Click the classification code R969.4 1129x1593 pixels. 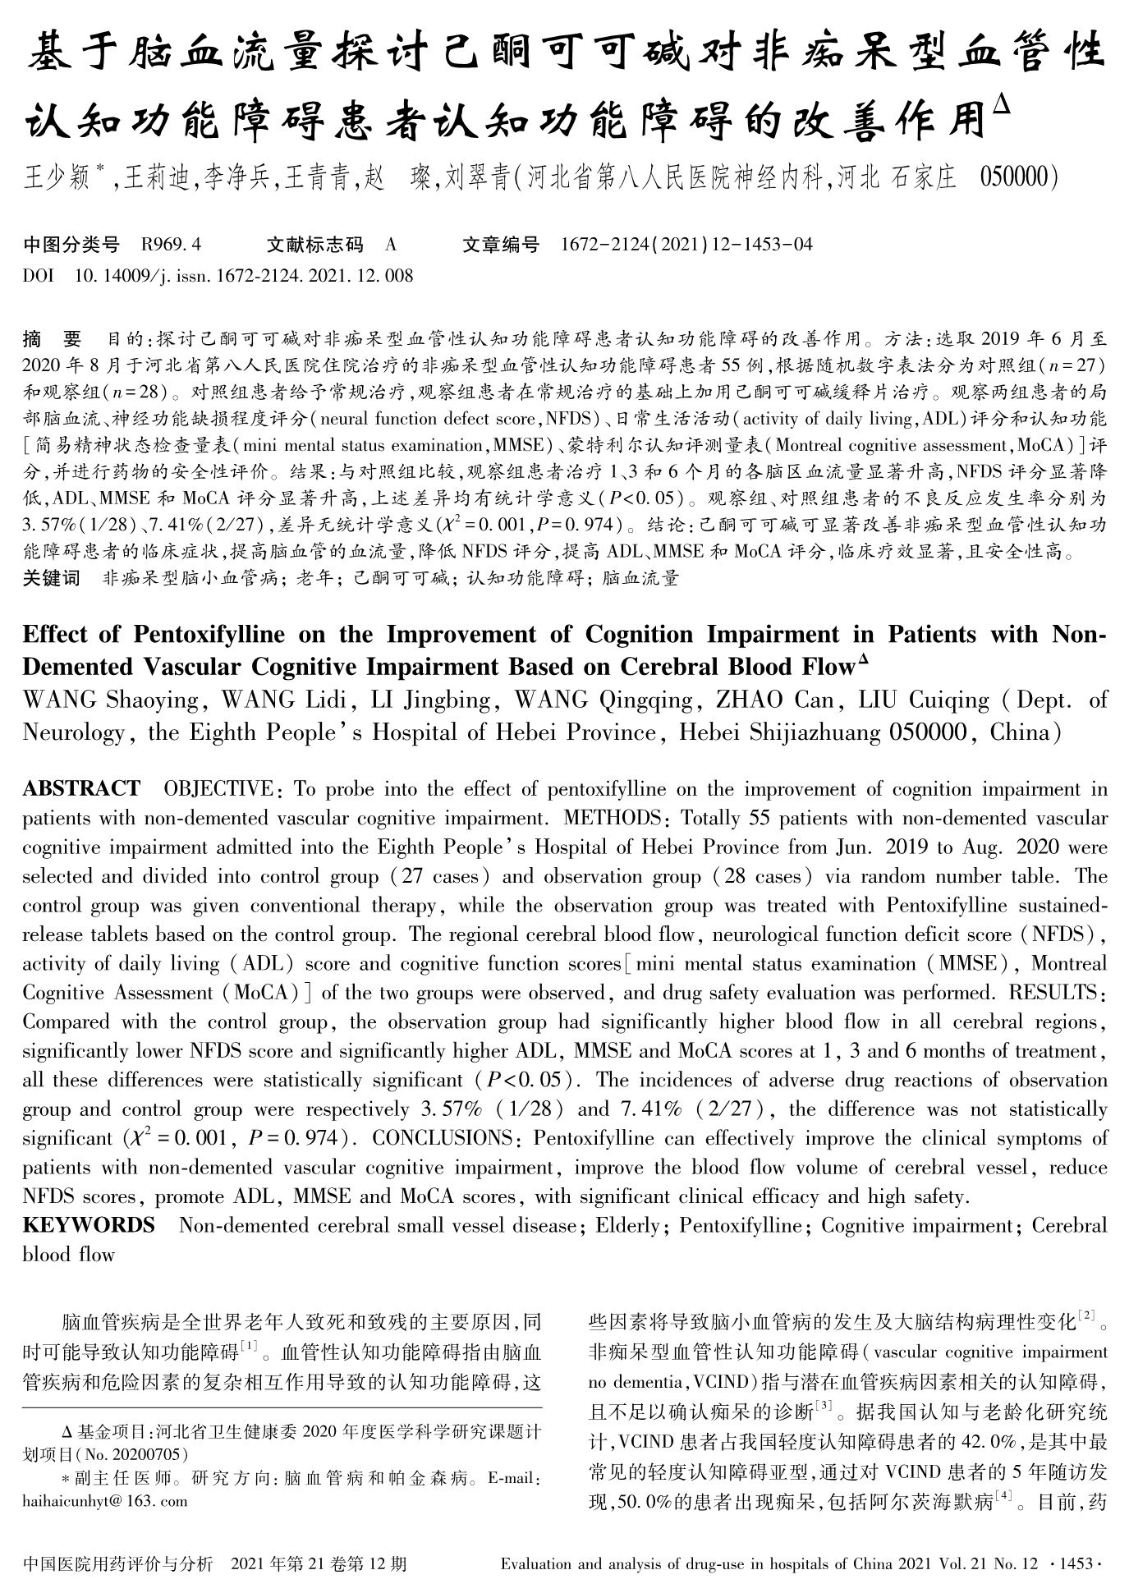(x=172, y=244)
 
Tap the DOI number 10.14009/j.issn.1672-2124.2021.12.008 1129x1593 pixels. (x=244, y=275)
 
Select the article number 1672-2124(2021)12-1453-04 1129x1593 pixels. (x=686, y=244)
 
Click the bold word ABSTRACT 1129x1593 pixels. (x=81, y=789)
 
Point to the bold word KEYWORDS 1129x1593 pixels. (x=89, y=1225)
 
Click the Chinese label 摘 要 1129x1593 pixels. (x=53, y=338)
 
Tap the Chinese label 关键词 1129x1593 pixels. (x=52, y=578)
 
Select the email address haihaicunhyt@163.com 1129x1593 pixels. (x=104, y=1501)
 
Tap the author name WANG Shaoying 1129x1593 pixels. (x=110, y=700)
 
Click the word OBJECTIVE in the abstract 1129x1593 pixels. (x=218, y=789)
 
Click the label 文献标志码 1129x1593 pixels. (x=314, y=244)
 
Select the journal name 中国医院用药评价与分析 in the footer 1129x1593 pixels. (x=118, y=1563)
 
